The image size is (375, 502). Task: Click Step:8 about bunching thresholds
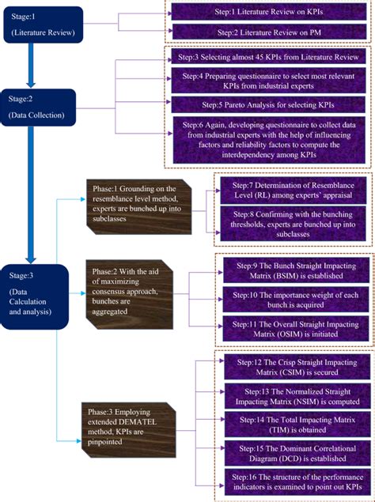pos(294,223)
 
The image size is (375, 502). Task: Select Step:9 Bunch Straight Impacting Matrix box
pos(294,270)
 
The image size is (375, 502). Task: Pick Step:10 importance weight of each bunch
pos(294,300)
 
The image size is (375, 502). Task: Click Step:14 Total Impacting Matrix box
pos(294,423)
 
